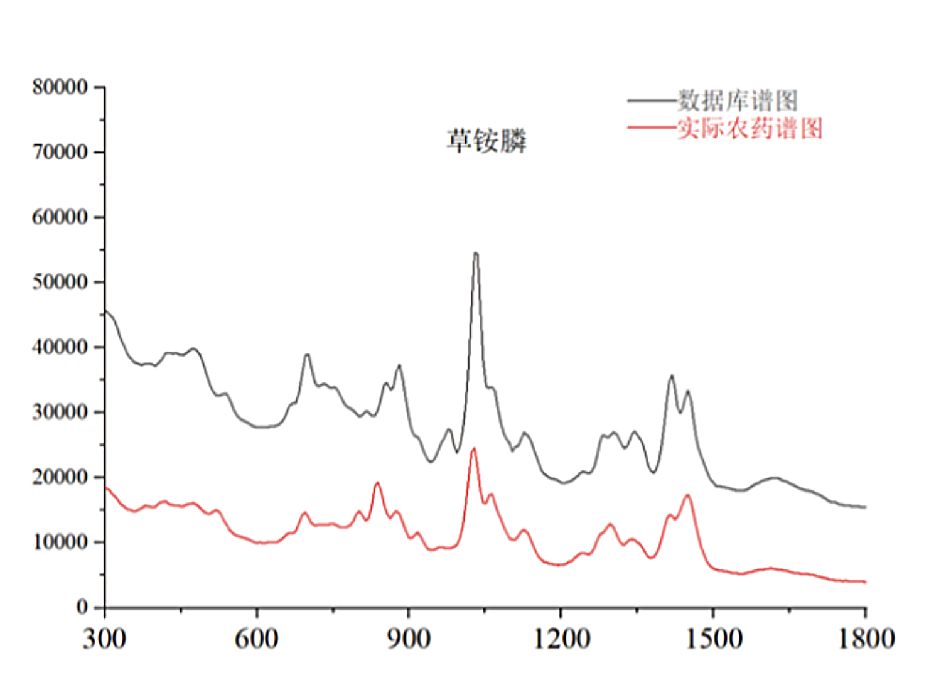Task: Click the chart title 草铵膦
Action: pos(486,140)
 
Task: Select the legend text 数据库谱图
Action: pos(737,100)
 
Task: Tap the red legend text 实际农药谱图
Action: pos(750,128)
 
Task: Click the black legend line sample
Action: pos(652,100)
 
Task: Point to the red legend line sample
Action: pos(652,128)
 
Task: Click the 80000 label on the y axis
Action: pos(60,87)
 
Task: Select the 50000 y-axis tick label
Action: pos(60,282)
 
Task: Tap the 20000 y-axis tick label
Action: pos(60,477)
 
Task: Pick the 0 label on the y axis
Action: pos(82,607)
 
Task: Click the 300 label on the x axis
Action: pos(105,639)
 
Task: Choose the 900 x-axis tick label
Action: pos(409,639)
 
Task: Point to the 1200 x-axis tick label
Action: pos(561,639)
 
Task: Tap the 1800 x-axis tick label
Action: pos(866,639)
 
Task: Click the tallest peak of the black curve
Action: pos(475,253)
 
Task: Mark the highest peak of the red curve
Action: pos(474,448)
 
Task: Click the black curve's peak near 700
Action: pos(307,355)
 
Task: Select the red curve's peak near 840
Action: pos(377,483)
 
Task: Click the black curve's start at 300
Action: pos(105,310)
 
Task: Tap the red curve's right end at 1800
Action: pos(865,582)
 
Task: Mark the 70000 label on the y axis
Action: pos(60,152)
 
